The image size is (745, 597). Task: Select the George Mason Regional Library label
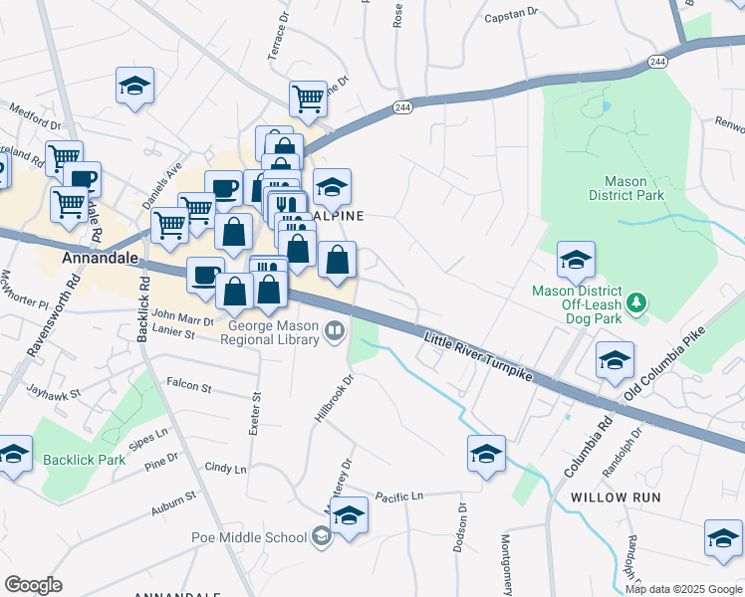tap(273, 332)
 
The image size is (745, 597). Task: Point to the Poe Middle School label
tap(249, 538)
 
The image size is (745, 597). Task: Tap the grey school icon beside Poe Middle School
tap(321, 538)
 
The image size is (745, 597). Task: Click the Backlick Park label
tap(85, 460)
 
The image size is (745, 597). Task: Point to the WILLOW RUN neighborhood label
tap(611, 496)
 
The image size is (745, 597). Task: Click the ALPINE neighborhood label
tap(341, 216)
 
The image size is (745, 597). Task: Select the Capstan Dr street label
tap(510, 16)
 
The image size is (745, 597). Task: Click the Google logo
tap(33, 585)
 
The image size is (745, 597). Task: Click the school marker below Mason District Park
tap(576, 260)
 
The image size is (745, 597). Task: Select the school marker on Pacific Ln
tap(350, 515)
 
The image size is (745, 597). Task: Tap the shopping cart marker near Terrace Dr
tap(309, 99)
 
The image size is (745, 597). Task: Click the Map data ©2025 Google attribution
tap(682, 589)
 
